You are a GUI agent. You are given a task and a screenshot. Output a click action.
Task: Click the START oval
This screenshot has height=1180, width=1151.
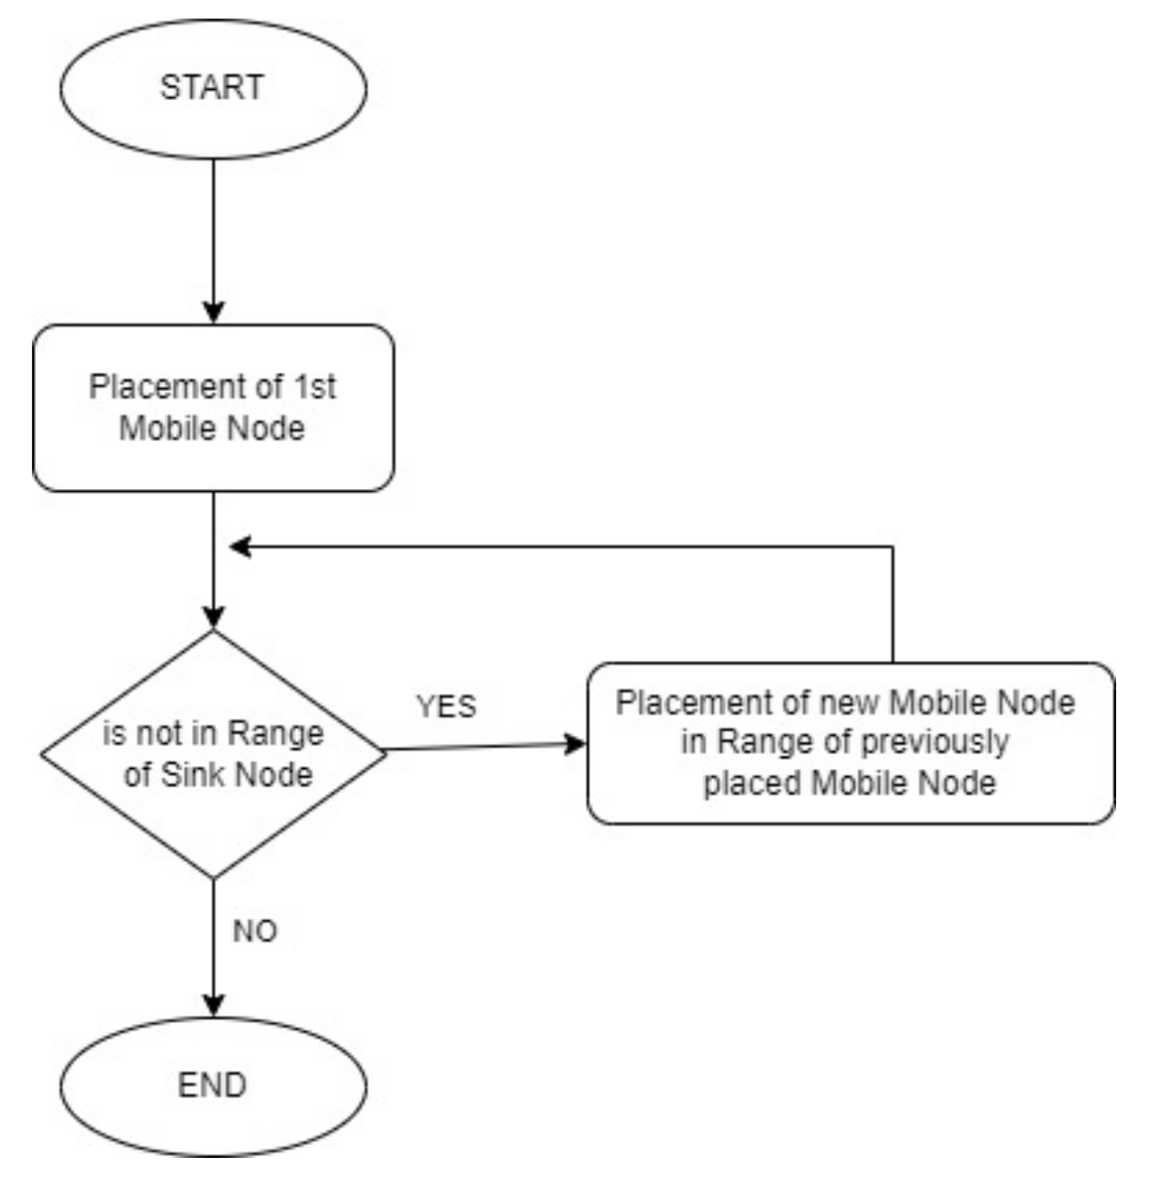point(213,89)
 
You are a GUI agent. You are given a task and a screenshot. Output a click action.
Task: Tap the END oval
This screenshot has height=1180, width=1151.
point(213,1085)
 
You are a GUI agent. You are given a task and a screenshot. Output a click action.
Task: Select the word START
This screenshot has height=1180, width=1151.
point(212,87)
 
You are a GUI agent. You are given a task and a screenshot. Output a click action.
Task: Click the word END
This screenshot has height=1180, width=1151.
point(212,1085)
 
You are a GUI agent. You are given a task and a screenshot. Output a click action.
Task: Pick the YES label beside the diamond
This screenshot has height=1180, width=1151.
point(447,707)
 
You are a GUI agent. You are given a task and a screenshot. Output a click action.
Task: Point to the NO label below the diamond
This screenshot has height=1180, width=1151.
point(254,931)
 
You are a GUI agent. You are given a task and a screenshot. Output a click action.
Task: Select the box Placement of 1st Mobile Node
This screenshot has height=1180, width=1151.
point(213,407)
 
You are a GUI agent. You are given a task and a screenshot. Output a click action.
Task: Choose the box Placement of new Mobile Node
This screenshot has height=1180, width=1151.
point(850,743)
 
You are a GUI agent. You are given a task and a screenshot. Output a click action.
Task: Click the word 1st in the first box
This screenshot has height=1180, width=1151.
point(315,387)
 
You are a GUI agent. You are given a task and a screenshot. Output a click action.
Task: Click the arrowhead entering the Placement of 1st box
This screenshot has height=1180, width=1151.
point(213,311)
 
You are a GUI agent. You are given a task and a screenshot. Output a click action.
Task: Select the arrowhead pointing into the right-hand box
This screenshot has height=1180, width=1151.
point(574,743)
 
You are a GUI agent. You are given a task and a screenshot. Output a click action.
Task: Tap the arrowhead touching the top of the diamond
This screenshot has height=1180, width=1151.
point(213,617)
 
